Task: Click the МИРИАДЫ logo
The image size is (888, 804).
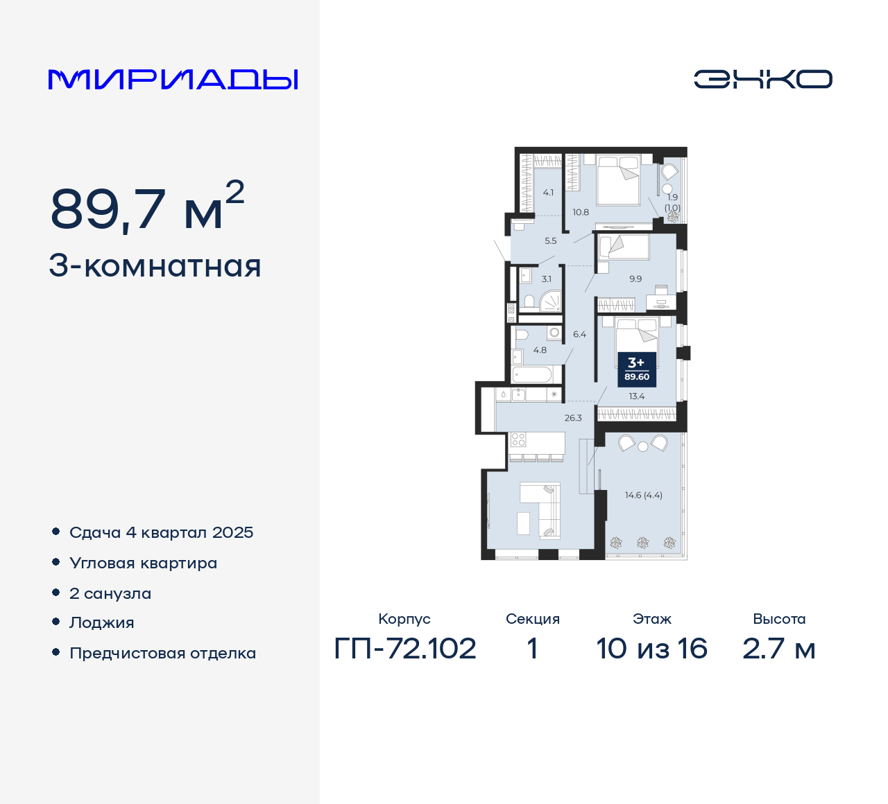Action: click(173, 79)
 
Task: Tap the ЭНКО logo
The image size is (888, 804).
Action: click(762, 79)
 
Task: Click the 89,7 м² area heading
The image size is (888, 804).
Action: click(147, 207)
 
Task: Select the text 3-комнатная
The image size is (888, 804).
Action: click(155, 266)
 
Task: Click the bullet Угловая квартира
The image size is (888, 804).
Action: click(143, 563)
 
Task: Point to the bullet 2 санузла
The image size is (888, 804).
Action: click(110, 593)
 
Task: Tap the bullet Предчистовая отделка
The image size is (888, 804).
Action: click(162, 653)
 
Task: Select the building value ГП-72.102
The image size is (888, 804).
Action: click(405, 649)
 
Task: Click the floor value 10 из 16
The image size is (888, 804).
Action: click(651, 649)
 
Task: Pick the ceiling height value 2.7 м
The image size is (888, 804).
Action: click(778, 649)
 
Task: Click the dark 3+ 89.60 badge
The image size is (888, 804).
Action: click(636, 369)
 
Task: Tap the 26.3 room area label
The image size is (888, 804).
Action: click(573, 418)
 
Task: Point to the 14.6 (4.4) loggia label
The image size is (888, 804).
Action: click(643, 495)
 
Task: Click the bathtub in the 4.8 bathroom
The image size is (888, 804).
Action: click(532, 375)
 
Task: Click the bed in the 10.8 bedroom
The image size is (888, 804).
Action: click(618, 181)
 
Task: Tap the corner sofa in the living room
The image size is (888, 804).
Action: click(545, 510)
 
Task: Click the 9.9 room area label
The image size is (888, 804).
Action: click(635, 279)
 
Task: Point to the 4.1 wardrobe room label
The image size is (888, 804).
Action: click(548, 193)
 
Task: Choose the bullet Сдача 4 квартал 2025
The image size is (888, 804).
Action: click(161, 532)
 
